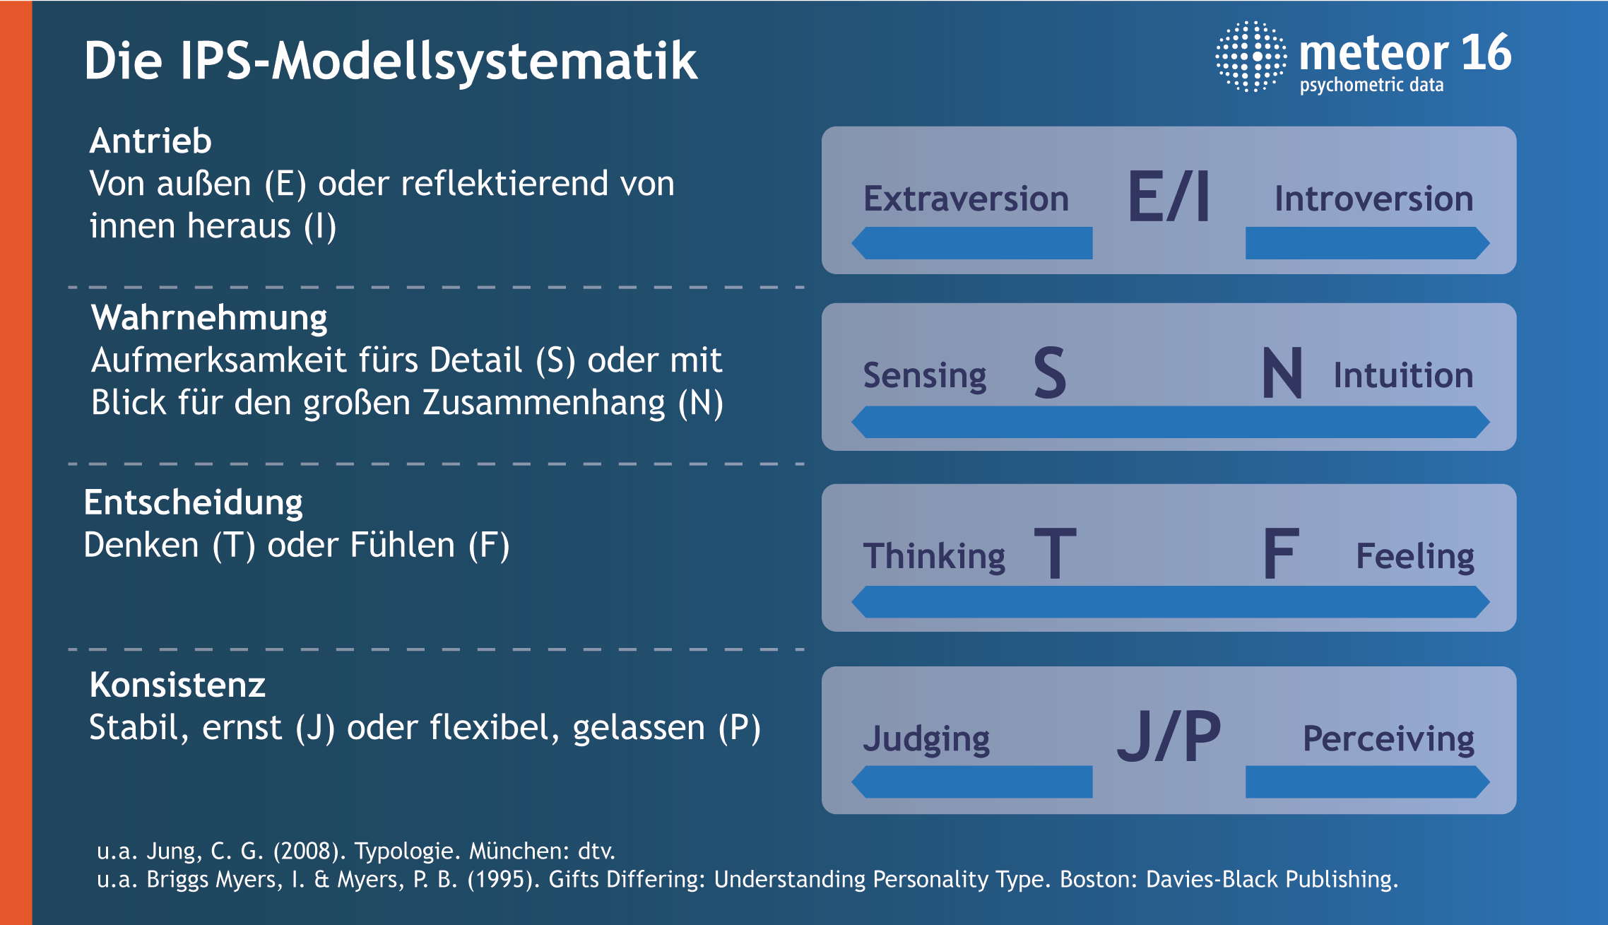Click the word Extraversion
pyautogui.click(x=966, y=199)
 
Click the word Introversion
pyautogui.click(x=1373, y=199)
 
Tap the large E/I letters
pyautogui.click(x=1169, y=197)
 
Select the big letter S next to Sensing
pyautogui.click(x=1050, y=372)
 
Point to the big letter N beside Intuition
pyautogui.click(x=1282, y=372)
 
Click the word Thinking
pyautogui.click(x=934, y=556)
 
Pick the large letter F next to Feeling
pyautogui.click(x=1281, y=554)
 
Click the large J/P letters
pyautogui.click(x=1169, y=736)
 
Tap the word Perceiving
pyautogui.click(x=1388, y=738)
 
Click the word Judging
pyautogui.click(x=926, y=738)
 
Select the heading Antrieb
pyautogui.click(x=150, y=141)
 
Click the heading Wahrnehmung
pyautogui.click(x=209, y=317)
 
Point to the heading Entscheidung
pyautogui.click(x=193, y=502)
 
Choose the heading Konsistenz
pyautogui.click(x=177, y=685)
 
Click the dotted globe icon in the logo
pyautogui.click(x=1251, y=57)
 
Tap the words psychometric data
pyautogui.click(x=1371, y=85)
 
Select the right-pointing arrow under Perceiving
pyautogui.click(x=1367, y=782)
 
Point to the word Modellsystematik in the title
pyautogui.click(x=485, y=61)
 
